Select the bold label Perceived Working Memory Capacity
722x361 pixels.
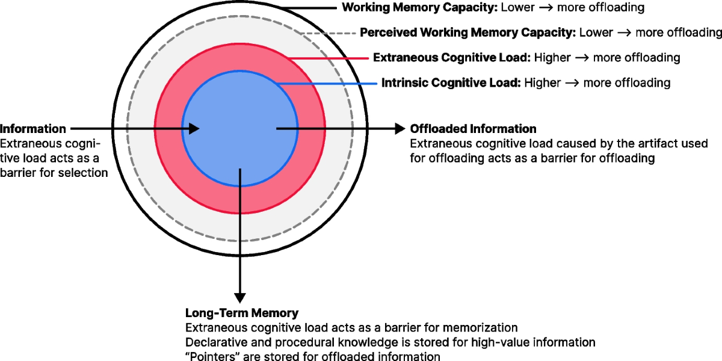[x=468, y=32]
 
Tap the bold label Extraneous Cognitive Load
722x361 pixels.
[x=451, y=58]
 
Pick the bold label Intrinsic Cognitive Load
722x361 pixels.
[x=451, y=82]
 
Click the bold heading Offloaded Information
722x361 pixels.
[x=473, y=129]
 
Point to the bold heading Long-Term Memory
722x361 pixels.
[x=241, y=313]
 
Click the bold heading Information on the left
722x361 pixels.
[x=33, y=129]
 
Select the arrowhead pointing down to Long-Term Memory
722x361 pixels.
[x=240, y=297]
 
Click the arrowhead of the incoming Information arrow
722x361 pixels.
[x=194, y=128]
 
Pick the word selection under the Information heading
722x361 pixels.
[x=87, y=173]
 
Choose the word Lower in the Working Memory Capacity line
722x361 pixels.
[x=516, y=8]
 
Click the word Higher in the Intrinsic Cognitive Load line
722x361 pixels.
[x=542, y=82]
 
